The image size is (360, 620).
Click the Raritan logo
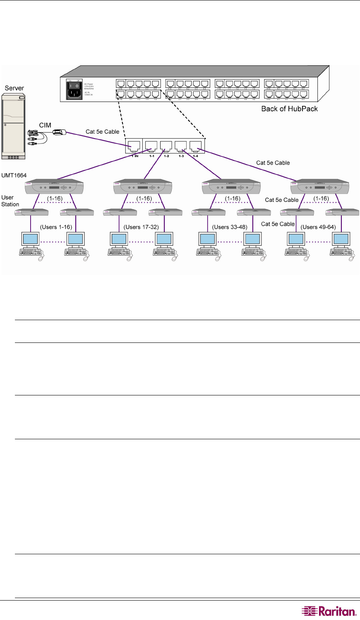[x=329, y=611]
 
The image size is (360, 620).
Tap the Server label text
[x=14, y=88]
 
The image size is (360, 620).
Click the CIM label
[x=45, y=125]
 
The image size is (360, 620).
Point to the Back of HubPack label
[x=289, y=109]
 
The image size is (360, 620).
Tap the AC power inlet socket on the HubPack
[x=74, y=94]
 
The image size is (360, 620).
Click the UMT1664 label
[x=14, y=175]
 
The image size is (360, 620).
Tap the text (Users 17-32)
[x=141, y=227]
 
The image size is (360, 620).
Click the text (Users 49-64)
[x=318, y=227]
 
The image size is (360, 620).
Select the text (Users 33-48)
[x=230, y=227]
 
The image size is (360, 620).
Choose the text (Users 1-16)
[x=56, y=227]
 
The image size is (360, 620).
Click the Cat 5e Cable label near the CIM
[x=102, y=132]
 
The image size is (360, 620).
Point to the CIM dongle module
[x=60, y=132]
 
